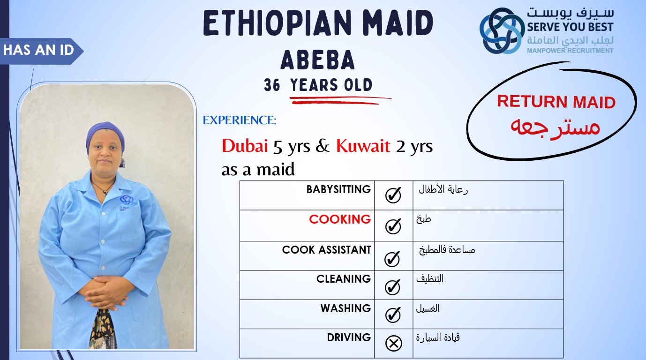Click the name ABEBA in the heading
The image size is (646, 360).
[x=317, y=60]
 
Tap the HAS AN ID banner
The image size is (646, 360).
[x=40, y=51]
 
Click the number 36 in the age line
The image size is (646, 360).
[x=272, y=85]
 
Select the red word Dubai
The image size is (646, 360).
[x=245, y=146]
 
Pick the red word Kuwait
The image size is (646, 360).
[x=363, y=146]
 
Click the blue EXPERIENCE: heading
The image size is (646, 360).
[x=240, y=120]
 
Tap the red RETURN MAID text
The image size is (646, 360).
[x=556, y=102]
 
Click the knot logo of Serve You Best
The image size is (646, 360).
[x=502, y=30]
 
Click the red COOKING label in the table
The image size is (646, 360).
[x=340, y=219]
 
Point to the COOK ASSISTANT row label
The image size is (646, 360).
[x=326, y=250]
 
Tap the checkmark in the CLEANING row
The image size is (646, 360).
[x=392, y=287]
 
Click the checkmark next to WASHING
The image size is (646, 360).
[x=393, y=315]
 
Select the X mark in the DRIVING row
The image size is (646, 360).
[x=394, y=343]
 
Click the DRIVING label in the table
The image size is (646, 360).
[x=349, y=337]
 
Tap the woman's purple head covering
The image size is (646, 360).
[x=105, y=134]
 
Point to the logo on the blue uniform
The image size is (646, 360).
[x=126, y=200]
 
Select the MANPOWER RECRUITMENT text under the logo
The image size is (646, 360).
[x=570, y=51]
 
